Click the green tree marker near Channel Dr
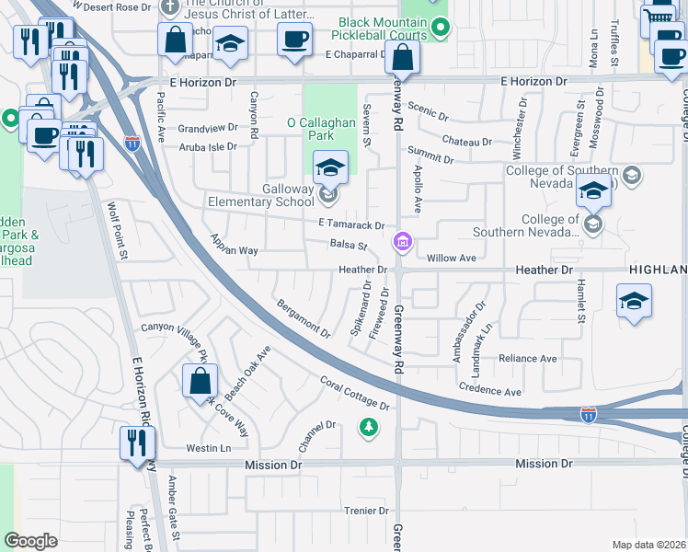(368, 427)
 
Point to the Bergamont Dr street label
(303, 317)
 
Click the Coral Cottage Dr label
(355, 393)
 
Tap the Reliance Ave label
(527, 358)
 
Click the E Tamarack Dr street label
(350, 224)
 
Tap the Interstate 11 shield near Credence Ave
(588, 416)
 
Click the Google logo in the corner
(31, 541)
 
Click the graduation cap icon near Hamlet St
(633, 301)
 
